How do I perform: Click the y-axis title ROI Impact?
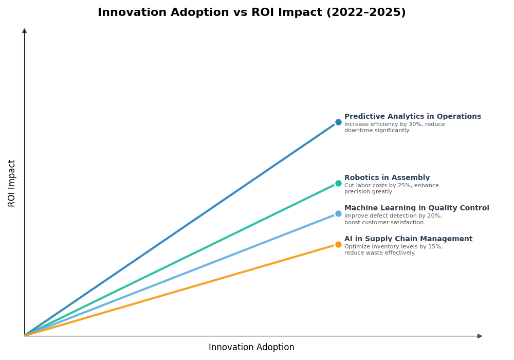(12, 183)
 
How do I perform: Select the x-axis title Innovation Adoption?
(251, 348)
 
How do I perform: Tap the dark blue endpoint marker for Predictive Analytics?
(338, 122)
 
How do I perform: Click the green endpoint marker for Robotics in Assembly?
(338, 184)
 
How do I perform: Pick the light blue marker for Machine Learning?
(338, 214)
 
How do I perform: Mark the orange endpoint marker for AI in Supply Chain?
(338, 245)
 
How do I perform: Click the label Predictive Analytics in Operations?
(412, 117)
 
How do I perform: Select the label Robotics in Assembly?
(387, 178)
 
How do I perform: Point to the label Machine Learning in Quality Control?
(416, 208)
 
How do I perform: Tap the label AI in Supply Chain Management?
(408, 239)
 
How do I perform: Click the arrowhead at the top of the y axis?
(24, 31)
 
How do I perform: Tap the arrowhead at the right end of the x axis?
(480, 336)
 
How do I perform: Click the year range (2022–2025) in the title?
(365, 12)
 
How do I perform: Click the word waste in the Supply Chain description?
(370, 253)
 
